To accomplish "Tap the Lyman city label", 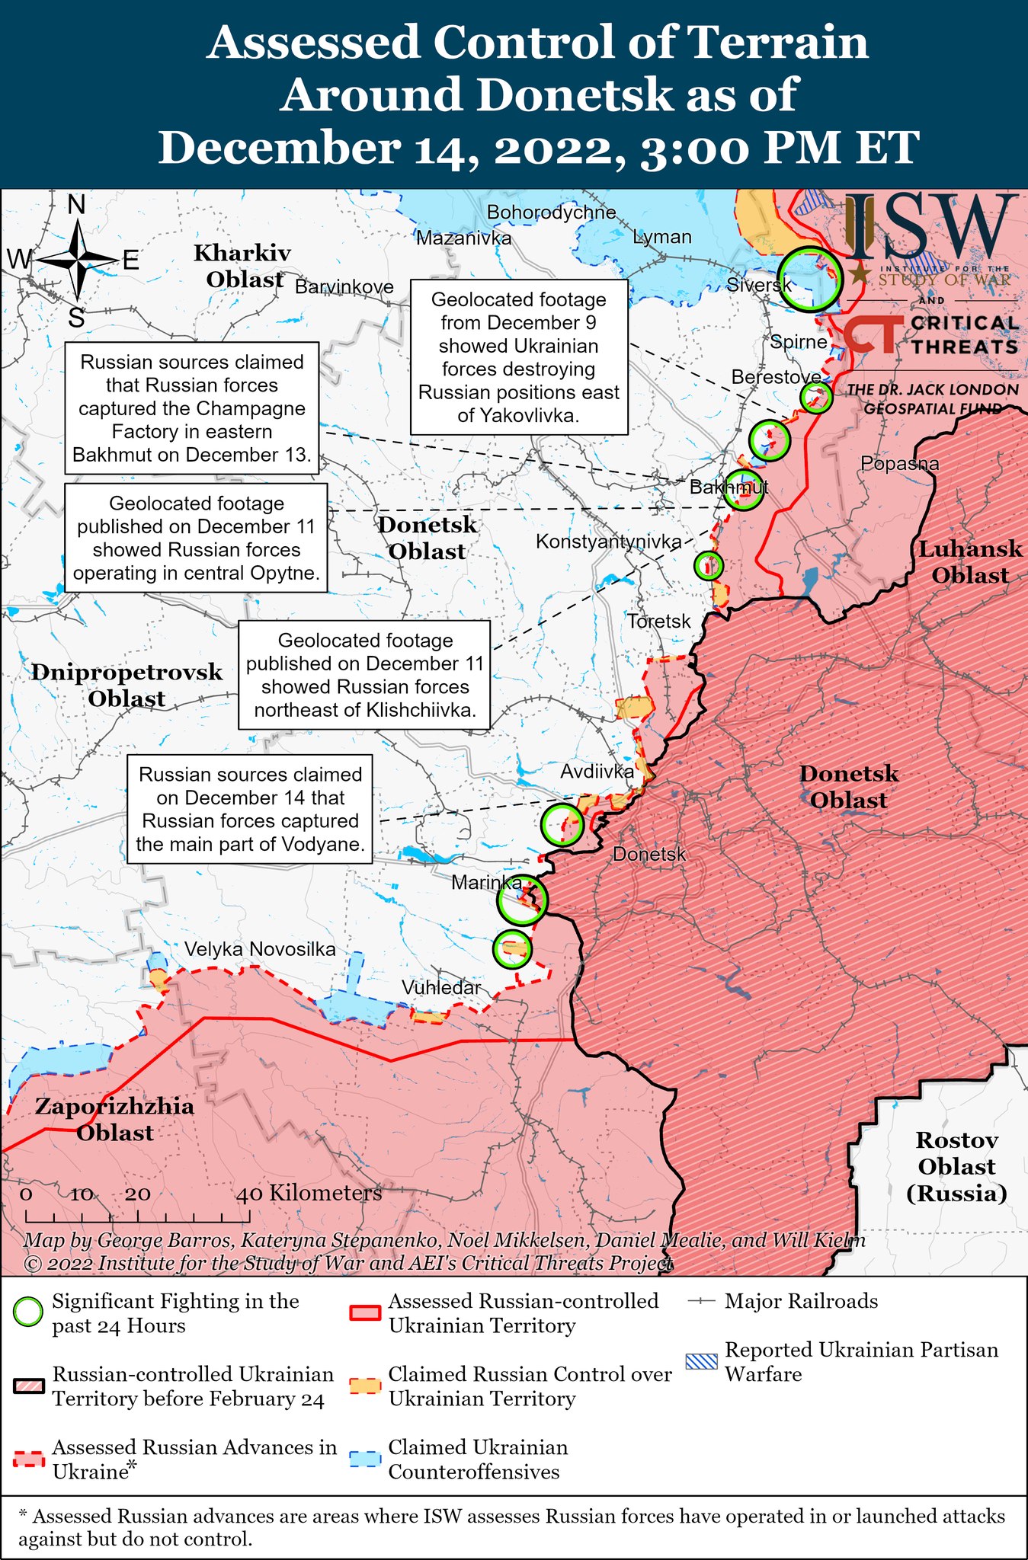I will pos(661,237).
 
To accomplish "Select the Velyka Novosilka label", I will pos(259,949).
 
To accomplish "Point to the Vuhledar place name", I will pos(441,988).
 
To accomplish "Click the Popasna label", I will pos(899,463).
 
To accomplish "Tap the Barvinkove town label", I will pos(344,287).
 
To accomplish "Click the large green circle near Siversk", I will pos(811,279).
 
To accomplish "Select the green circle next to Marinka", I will pos(522,900).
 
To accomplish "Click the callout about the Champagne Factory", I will pos(191,408).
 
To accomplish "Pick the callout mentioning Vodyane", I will pos(249,809).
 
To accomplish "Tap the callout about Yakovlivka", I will pos(518,357).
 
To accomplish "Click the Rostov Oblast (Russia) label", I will pos(956,1166).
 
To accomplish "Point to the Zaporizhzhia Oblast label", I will pos(114,1119).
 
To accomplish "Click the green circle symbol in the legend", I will pos(29,1312).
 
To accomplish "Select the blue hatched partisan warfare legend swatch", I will pos(701,1360).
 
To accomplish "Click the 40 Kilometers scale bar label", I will pos(309,1193).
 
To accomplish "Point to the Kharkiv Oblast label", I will pos(242,266).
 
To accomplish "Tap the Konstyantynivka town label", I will pos(608,542).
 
